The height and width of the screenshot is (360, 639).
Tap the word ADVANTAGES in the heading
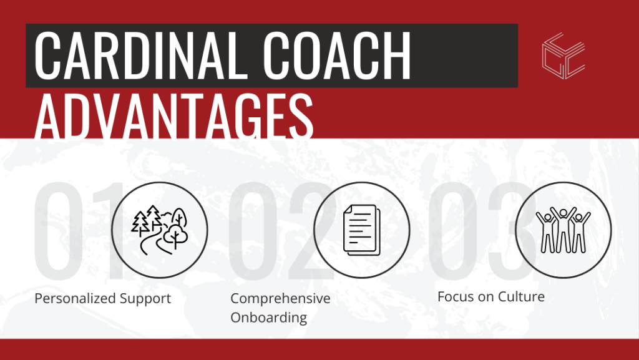[x=173, y=118]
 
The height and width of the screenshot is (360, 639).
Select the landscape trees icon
[x=159, y=230]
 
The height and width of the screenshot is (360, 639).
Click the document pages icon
[x=361, y=230]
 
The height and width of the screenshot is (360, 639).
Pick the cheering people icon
[x=563, y=230]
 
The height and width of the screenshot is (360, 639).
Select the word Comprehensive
[x=280, y=298]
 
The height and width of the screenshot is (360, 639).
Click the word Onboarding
[x=268, y=317]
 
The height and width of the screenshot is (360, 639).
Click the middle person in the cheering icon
[x=563, y=231]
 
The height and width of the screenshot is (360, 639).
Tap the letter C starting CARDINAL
[x=50, y=56]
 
